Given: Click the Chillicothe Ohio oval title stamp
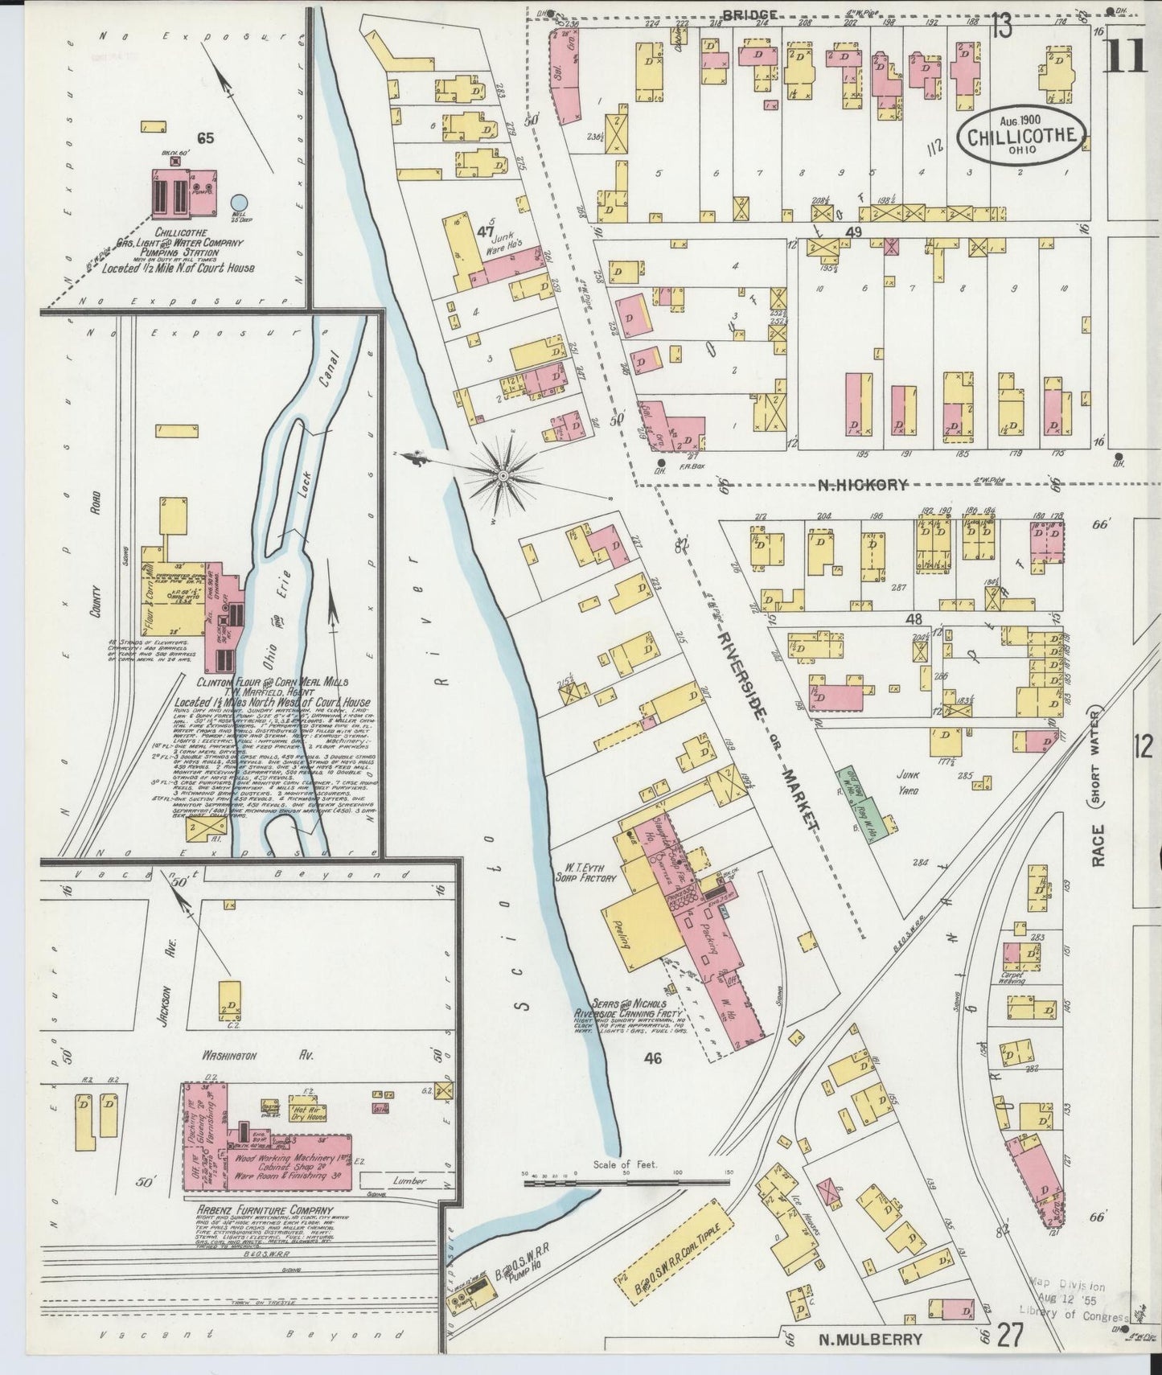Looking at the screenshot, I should pos(1022,134).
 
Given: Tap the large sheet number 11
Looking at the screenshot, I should pos(1125,56).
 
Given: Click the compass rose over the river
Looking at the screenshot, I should pos(503,475).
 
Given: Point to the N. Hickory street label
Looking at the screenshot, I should pos(863,485).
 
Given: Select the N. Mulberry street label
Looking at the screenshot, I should pos(870,1339).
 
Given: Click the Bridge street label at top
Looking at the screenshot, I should pos(749,14).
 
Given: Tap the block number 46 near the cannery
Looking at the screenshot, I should pos(652,1059).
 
